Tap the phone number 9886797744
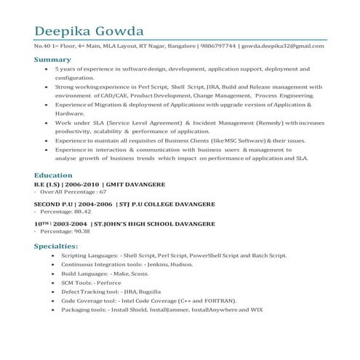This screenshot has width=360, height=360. click(217, 47)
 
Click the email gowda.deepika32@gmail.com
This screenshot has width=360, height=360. click(283, 47)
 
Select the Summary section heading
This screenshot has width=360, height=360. click(52, 59)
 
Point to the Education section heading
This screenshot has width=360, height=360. click(53, 175)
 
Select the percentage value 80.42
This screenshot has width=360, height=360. click(78, 212)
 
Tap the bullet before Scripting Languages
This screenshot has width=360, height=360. click(53, 256)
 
